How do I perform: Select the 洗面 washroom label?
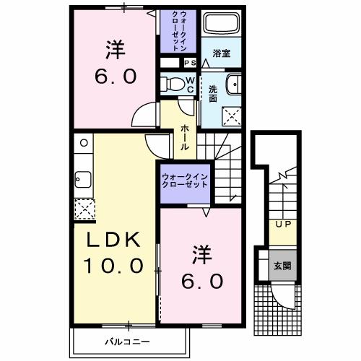[x=213, y=92]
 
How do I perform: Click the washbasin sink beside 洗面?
[x=232, y=85]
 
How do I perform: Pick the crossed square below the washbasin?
[x=231, y=114]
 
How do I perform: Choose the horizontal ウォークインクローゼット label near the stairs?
[x=185, y=180]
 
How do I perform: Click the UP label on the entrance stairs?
[x=280, y=225]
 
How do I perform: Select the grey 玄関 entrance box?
[x=279, y=264]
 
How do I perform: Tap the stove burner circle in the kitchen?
[x=82, y=143]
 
